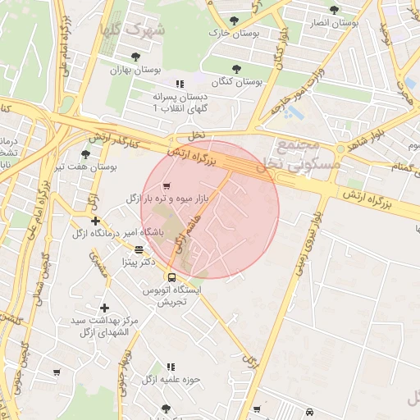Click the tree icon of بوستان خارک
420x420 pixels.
(x=235, y=20)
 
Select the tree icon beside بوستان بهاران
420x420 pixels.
(x=135, y=57)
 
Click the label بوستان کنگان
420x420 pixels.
(x=236, y=82)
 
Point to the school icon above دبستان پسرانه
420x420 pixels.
(x=180, y=84)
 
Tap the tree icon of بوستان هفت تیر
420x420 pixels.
(x=85, y=153)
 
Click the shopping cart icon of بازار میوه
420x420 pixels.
(x=167, y=185)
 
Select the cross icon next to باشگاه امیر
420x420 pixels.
(x=96, y=221)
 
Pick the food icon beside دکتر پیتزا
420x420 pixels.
(x=139, y=249)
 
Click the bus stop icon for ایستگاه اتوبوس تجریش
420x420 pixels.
(x=172, y=277)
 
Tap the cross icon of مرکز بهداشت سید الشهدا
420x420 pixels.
(x=104, y=307)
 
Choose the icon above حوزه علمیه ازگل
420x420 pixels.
(x=171, y=367)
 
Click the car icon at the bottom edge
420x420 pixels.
(x=308, y=412)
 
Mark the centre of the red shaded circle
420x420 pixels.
(x=210, y=209)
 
